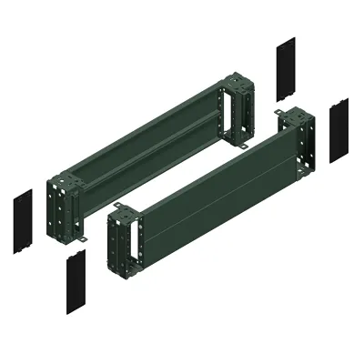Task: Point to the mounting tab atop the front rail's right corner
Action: [x=282, y=114]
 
